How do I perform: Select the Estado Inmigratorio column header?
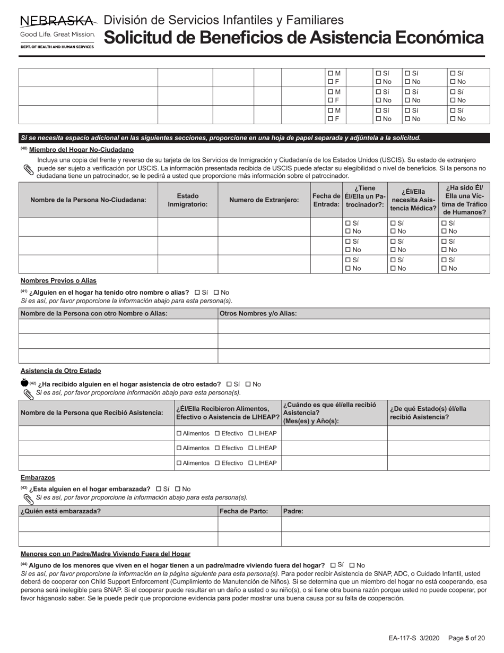(x=188, y=200)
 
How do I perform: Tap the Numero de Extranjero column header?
(x=264, y=200)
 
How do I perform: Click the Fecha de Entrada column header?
(x=326, y=200)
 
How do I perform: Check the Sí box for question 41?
(x=197, y=293)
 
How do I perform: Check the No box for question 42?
(x=248, y=384)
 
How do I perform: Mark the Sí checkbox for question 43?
(x=159, y=489)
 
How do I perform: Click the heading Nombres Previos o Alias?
(x=58, y=280)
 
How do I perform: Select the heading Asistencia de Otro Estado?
(x=60, y=371)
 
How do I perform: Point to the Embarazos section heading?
(x=38, y=477)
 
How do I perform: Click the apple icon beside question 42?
(x=24, y=383)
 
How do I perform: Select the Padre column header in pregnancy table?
(x=293, y=511)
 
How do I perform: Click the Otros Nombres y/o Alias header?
(x=258, y=313)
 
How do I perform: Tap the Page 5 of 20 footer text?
(x=466, y=639)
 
